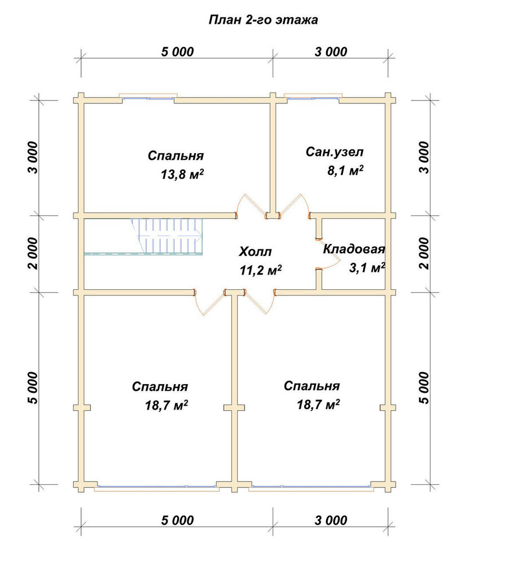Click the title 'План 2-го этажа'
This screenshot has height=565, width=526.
[x=263, y=19]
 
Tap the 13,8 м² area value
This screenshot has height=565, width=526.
[x=182, y=175]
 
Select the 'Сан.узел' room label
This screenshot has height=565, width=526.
[x=335, y=151]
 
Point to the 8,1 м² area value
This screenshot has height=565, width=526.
[x=345, y=170]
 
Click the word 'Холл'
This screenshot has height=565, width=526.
[x=255, y=251]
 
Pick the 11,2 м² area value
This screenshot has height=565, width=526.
[x=261, y=270]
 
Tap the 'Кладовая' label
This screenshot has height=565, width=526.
[x=354, y=249]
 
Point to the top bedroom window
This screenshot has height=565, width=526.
[x=148, y=97]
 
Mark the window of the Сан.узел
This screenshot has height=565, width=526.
[x=313, y=97]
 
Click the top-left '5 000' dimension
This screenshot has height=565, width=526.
[x=177, y=52]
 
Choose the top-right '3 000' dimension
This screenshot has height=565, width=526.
[x=331, y=52]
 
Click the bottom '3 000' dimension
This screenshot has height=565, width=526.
[x=331, y=520]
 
